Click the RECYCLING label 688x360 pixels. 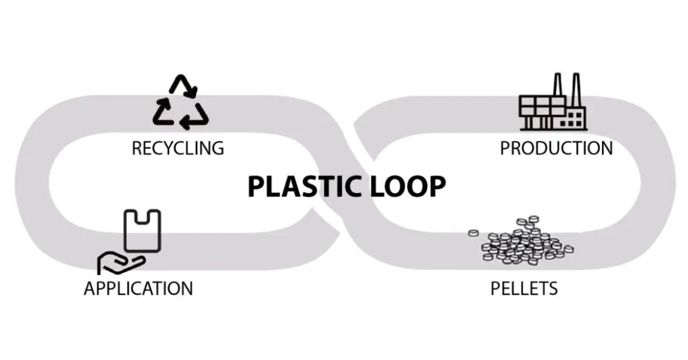tap(177, 147)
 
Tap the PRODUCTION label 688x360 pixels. tap(556, 148)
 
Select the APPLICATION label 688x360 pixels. tap(138, 288)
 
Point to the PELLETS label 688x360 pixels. tap(524, 288)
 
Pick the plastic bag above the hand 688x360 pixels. tap(142, 230)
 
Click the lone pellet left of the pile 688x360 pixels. tap(473, 233)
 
